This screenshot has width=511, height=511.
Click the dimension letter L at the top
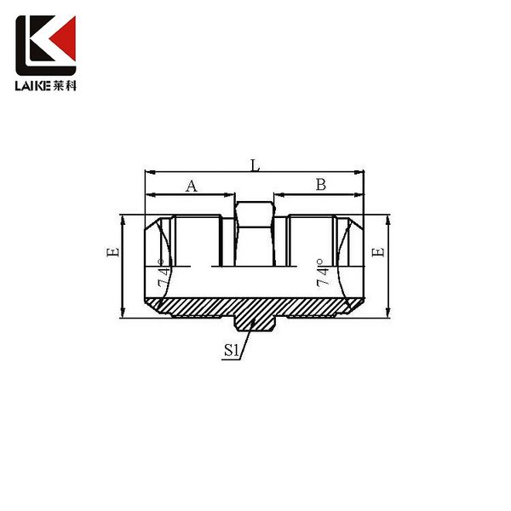[255, 165]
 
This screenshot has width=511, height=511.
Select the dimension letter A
[192, 187]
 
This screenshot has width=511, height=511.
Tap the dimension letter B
[321, 185]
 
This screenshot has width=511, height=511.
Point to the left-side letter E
[112, 252]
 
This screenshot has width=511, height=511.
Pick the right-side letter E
[378, 252]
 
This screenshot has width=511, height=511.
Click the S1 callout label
[232, 351]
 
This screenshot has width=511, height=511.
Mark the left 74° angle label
[164, 273]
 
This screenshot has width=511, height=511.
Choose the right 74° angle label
[322, 273]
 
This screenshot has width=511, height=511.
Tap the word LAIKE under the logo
[32, 86]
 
